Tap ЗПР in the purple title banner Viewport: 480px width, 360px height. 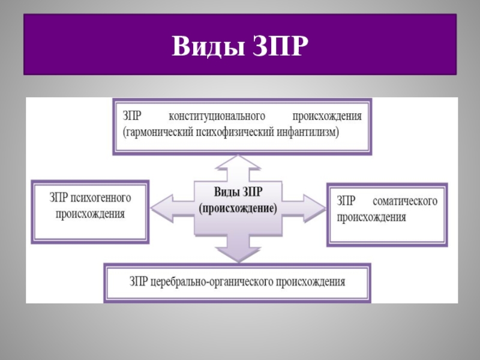tap(275, 46)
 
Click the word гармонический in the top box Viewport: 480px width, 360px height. tap(157, 131)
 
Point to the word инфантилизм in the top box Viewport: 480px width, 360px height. tap(305, 131)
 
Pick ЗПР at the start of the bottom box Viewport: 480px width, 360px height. tap(139, 281)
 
